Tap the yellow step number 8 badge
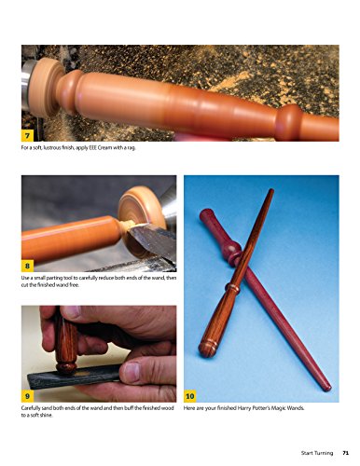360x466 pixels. point(30,264)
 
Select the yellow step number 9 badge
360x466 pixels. point(30,395)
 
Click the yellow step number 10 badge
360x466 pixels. point(192,395)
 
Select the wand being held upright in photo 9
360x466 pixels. point(70,340)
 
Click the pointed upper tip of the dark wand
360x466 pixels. point(272,191)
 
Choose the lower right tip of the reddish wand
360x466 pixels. point(326,387)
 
